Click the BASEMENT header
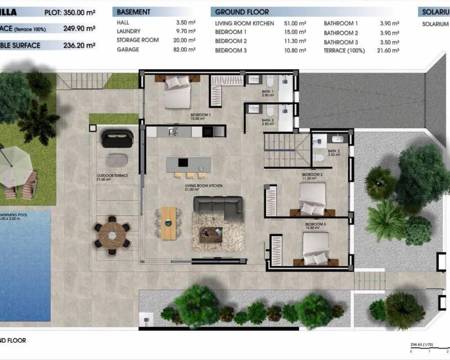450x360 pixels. (x=133, y=12)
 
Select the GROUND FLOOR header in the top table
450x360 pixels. (x=242, y=12)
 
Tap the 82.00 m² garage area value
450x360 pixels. (x=184, y=50)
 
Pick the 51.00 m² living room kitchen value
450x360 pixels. (x=295, y=23)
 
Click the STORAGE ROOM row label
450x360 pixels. (x=137, y=40)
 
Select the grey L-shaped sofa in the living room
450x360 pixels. (x=218, y=208)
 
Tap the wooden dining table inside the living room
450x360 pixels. (x=169, y=222)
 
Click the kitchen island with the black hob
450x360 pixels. (x=188, y=164)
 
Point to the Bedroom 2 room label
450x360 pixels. (x=312, y=175)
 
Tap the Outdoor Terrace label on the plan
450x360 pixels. (x=112, y=176)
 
